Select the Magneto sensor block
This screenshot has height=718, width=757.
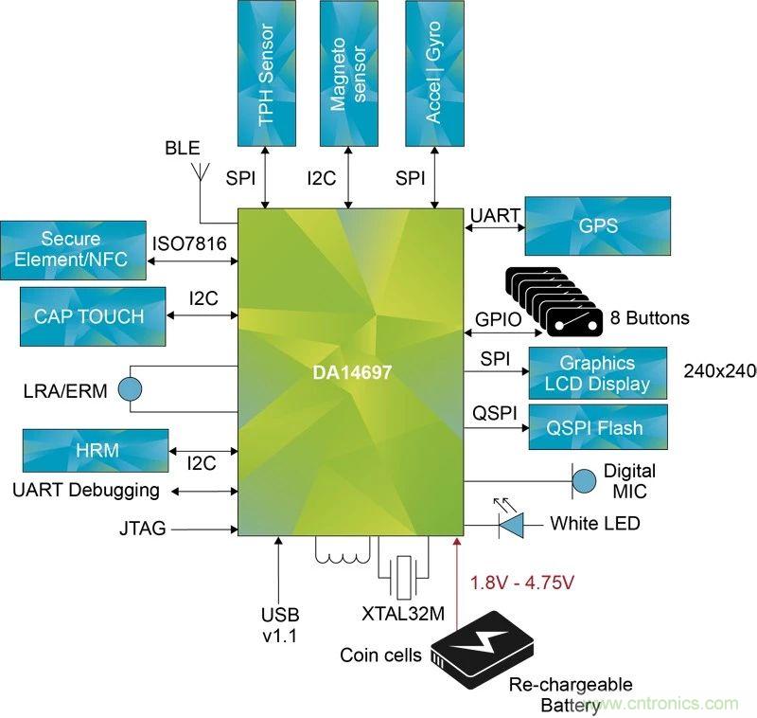coord(351,74)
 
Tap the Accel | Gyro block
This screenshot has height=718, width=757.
coord(434,74)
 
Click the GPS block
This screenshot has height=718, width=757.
coord(597,225)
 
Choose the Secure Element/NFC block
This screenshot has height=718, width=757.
coord(74,249)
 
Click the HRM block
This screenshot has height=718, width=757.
coord(96,450)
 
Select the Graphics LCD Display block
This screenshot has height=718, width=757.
coord(598,373)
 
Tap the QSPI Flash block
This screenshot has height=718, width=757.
coord(598,427)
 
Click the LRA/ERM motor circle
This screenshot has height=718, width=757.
coord(128,387)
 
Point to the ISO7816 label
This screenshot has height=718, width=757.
coord(189,244)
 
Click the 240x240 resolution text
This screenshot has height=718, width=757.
coord(719,371)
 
